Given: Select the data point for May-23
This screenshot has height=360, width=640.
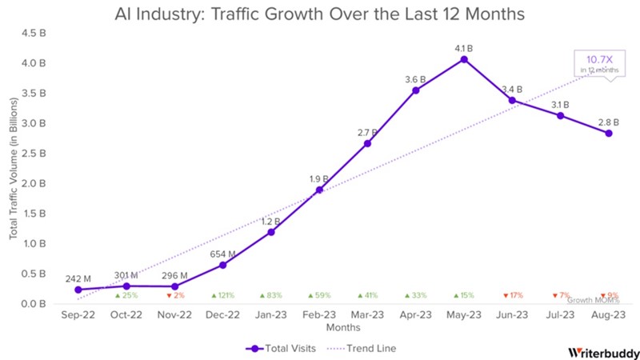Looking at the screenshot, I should point(464,59).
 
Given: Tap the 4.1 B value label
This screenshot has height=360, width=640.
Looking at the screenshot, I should point(464,47).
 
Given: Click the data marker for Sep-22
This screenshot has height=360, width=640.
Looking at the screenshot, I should point(78,290).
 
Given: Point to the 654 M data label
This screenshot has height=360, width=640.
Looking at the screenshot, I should point(222,253).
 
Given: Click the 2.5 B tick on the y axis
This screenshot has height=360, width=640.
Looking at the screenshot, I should point(37,153).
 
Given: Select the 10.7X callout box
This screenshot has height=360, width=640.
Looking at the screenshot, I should point(598,63).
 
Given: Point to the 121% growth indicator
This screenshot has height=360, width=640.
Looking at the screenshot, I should point(222,295).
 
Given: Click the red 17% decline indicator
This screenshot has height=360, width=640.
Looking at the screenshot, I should point(512,295).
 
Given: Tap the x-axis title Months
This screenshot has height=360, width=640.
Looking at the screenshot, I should point(342,328).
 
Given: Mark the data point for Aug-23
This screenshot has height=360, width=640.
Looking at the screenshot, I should point(609,133).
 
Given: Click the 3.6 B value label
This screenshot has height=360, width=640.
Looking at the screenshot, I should point(416,79).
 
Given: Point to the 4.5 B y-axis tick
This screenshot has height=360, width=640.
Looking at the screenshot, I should point(37,33).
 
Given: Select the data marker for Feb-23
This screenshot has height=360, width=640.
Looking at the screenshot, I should point(319,190).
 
